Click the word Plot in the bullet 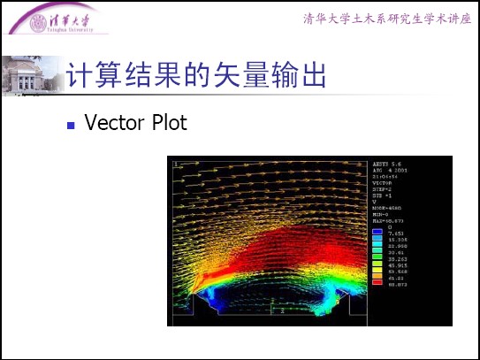(x=165, y=123)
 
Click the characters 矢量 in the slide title (x=231, y=76)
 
